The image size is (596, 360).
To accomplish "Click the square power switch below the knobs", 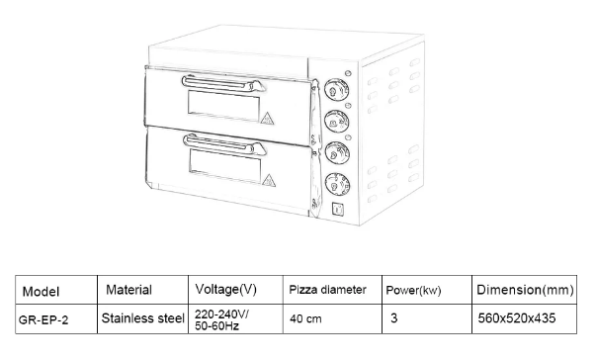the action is [x=336, y=209].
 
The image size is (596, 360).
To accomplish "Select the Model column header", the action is [x=41, y=291].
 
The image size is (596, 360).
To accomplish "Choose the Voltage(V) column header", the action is [x=226, y=290].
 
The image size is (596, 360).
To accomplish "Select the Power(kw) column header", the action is [x=412, y=291].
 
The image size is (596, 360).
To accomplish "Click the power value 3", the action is [x=394, y=319].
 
